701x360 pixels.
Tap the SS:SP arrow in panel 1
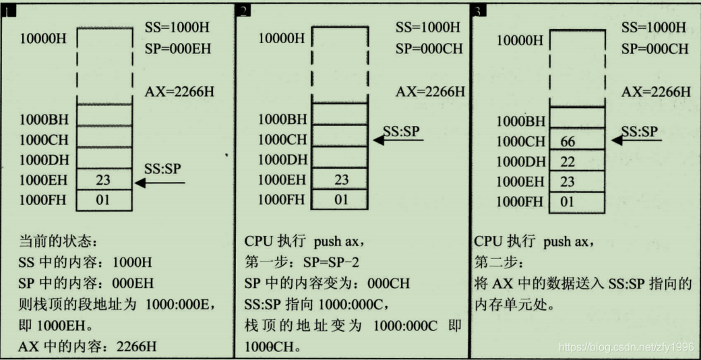click(x=159, y=181)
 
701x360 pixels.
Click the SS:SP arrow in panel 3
click(x=637, y=140)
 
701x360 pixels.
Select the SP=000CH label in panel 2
click(x=428, y=49)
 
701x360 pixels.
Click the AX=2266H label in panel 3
click(x=655, y=92)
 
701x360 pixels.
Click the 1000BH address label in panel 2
click(x=282, y=120)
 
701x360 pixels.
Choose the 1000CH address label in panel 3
click(x=520, y=142)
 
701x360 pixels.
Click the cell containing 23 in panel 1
click(x=104, y=180)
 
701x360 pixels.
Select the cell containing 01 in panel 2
click(x=342, y=200)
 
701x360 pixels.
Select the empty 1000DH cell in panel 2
click(x=342, y=160)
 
